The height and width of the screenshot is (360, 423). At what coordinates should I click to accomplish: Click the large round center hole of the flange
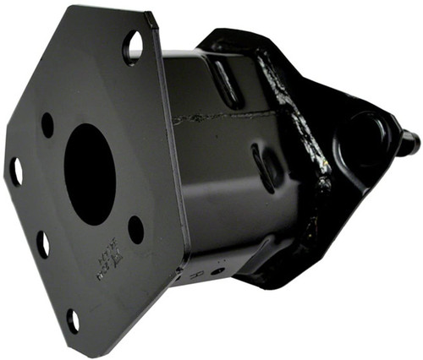coord(90,173)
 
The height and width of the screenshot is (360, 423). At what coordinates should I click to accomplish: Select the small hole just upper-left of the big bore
coord(47,124)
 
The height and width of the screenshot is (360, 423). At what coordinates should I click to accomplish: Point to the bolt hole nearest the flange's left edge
coord(15,172)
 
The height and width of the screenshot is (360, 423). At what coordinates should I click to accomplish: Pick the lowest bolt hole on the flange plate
coord(73,320)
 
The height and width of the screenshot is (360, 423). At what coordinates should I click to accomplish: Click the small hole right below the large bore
coord(135,229)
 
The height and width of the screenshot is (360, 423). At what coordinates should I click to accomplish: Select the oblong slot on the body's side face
coord(263,166)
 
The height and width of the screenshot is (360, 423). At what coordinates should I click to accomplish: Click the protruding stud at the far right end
coord(409,143)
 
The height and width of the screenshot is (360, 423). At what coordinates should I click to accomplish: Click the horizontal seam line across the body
coord(224,116)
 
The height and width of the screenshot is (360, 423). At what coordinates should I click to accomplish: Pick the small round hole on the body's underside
coord(217,270)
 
